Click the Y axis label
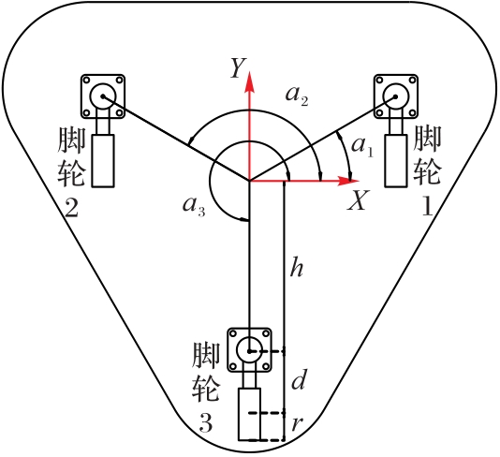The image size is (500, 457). [238, 68]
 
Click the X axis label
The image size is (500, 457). [359, 200]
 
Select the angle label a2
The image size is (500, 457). [297, 96]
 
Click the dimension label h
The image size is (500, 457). [296, 269]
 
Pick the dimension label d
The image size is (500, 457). [299, 379]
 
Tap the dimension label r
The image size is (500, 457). [296, 424]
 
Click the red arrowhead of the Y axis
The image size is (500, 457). [249, 81]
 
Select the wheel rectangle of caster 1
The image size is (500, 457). [395, 161]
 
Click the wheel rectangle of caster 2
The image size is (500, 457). [103, 161]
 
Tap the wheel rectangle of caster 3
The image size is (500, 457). [249, 414]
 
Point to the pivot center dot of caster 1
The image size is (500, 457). [395, 96]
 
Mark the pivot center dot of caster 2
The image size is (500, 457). [103, 96]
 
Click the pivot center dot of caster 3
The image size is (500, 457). [249, 351]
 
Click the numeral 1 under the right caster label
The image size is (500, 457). [427, 206]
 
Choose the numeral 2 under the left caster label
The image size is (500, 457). [71, 208]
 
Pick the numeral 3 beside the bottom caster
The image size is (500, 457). [206, 423]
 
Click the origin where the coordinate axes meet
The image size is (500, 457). [249, 181]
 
